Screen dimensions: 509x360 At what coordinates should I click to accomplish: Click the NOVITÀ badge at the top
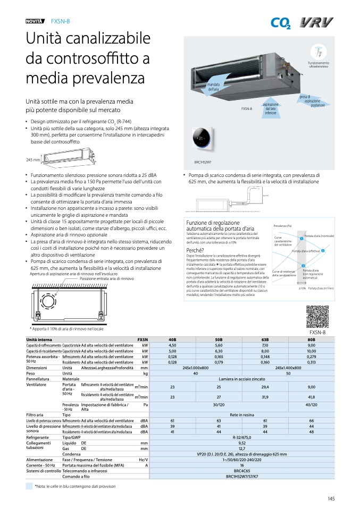35,21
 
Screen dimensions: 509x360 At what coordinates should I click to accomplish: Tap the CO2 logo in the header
281,23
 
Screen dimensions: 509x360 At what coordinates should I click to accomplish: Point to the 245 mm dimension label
33,159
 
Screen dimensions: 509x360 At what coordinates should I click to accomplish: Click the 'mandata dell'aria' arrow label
214,87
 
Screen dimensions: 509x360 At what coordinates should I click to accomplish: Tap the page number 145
331,498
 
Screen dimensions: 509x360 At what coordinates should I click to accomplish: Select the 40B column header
172,339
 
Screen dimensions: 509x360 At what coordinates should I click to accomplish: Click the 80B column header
311,339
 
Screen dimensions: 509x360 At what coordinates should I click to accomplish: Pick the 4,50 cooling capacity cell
172,345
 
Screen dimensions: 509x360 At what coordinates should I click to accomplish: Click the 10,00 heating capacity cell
311,351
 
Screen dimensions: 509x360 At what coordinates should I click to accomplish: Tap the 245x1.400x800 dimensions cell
288,368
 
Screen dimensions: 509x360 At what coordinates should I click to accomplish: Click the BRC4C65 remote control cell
242,471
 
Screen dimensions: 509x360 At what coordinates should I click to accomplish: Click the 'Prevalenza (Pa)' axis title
283,226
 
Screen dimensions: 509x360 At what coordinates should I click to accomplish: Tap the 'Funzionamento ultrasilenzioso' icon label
319,64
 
